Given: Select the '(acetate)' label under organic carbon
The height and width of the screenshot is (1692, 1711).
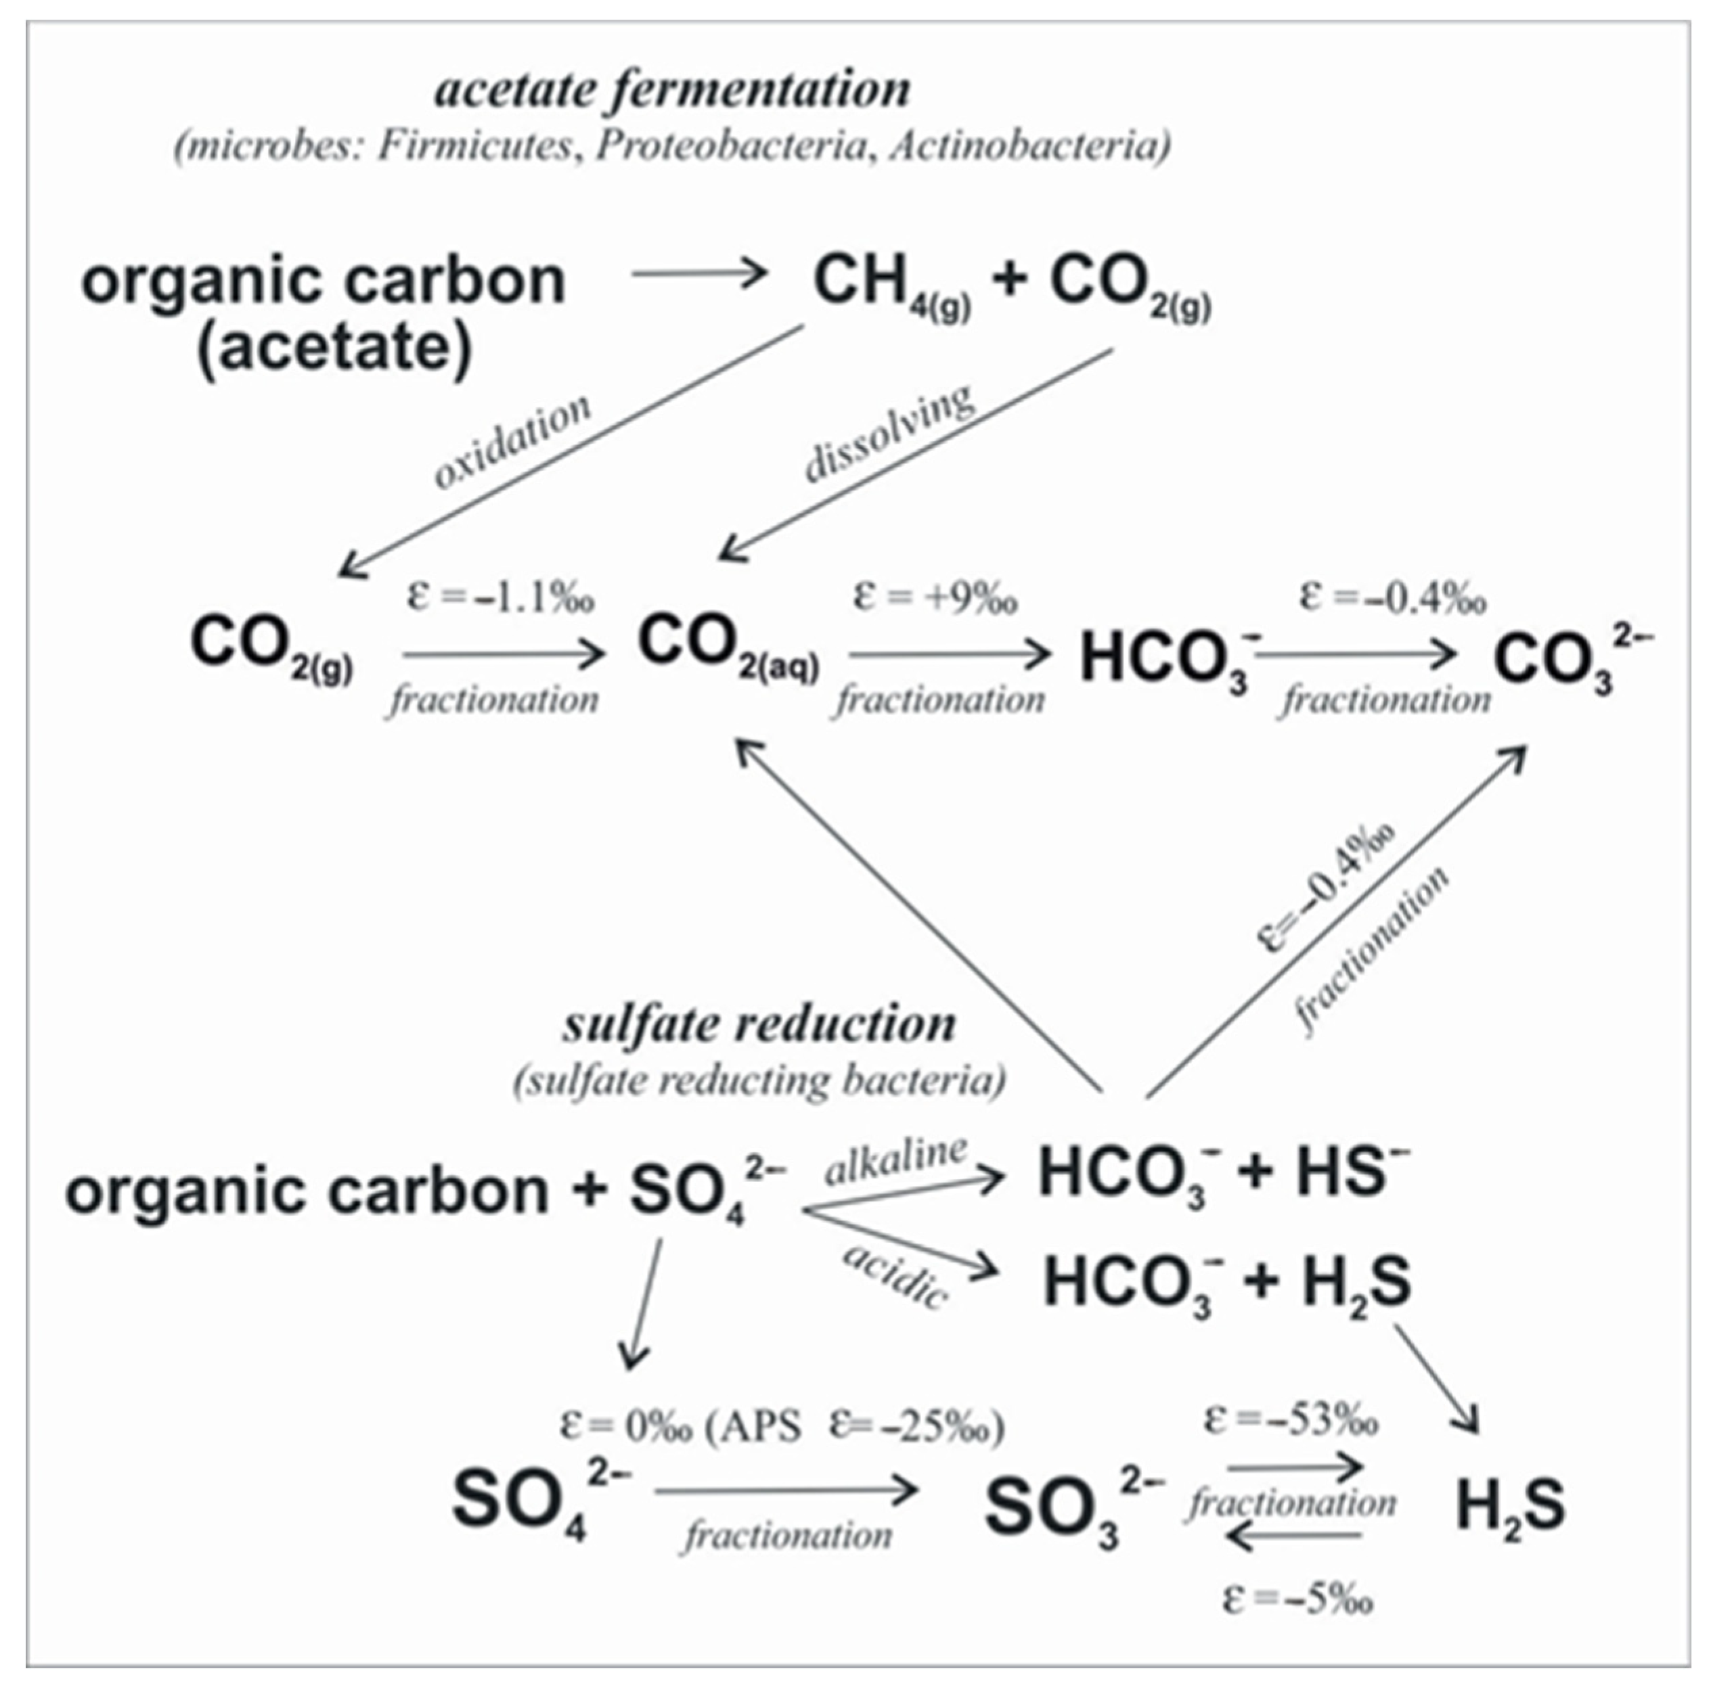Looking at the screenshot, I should click(335, 348).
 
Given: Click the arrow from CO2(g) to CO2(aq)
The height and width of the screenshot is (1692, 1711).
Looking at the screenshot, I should click(503, 655).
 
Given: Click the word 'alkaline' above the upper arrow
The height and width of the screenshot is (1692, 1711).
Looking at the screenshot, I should click(896, 1159).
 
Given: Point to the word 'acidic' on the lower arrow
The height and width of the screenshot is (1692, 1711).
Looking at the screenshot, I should click(895, 1276).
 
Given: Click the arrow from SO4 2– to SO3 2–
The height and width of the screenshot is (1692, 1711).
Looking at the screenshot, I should click(786, 1491).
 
